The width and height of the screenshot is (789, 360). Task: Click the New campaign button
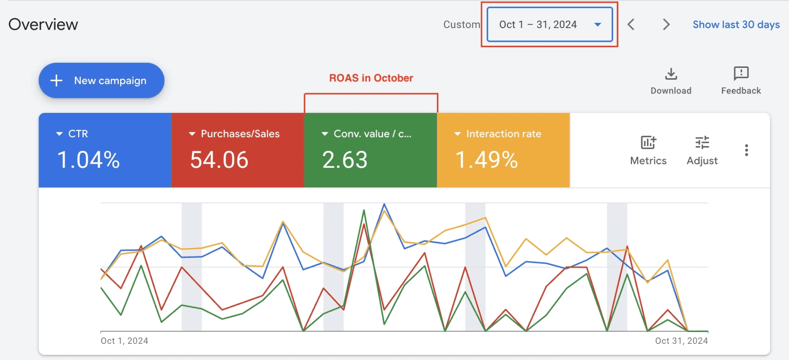click(101, 81)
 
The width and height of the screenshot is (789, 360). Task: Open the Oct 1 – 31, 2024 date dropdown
click(549, 24)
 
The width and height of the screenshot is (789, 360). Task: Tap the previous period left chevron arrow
click(631, 24)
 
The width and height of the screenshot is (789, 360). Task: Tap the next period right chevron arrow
click(666, 24)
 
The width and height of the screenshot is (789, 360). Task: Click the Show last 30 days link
click(736, 24)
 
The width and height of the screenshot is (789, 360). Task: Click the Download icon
click(671, 74)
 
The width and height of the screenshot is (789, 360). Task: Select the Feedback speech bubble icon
click(741, 73)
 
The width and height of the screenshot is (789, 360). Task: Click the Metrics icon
click(648, 142)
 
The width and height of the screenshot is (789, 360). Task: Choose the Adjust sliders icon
click(702, 142)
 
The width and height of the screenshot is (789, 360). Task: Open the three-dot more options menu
click(746, 150)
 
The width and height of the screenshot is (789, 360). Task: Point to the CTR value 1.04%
click(88, 160)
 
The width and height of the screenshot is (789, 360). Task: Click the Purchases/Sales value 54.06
click(219, 160)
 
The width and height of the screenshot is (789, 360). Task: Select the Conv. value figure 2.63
click(345, 160)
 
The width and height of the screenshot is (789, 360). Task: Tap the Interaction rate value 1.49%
click(486, 160)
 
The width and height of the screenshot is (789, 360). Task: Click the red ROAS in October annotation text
click(371, 78)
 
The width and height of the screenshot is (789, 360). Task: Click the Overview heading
click(43, 24)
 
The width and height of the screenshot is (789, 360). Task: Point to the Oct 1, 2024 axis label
click(124, 341)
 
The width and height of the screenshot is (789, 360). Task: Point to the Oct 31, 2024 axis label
click(681, 341)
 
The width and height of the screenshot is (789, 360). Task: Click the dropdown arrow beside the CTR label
click(60, 134)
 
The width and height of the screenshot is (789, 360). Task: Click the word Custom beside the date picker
click(462, 24)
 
